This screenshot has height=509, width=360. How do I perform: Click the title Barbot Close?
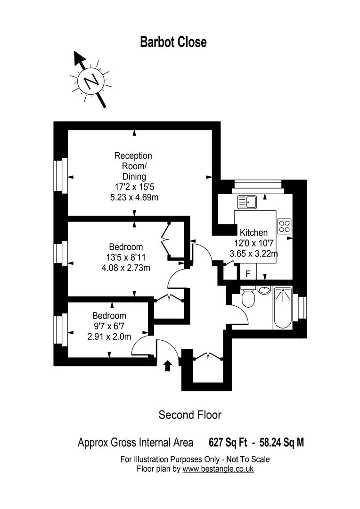click(173, 42)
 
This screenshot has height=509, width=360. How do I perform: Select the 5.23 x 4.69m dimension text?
click(133, 197)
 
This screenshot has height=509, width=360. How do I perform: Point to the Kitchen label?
click(254, 232)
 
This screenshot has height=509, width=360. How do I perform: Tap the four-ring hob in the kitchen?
click(284, 226)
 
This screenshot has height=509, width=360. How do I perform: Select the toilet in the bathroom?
click(248, 297)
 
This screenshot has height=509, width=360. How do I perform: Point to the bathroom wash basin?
click(265, 289)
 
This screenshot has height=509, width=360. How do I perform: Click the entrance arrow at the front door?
click(167, 366)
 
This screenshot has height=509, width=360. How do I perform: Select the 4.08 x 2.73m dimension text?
click(126, 269)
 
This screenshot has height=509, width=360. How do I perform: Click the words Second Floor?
click(189, 415)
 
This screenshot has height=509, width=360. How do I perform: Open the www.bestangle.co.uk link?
click(218, 469)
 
